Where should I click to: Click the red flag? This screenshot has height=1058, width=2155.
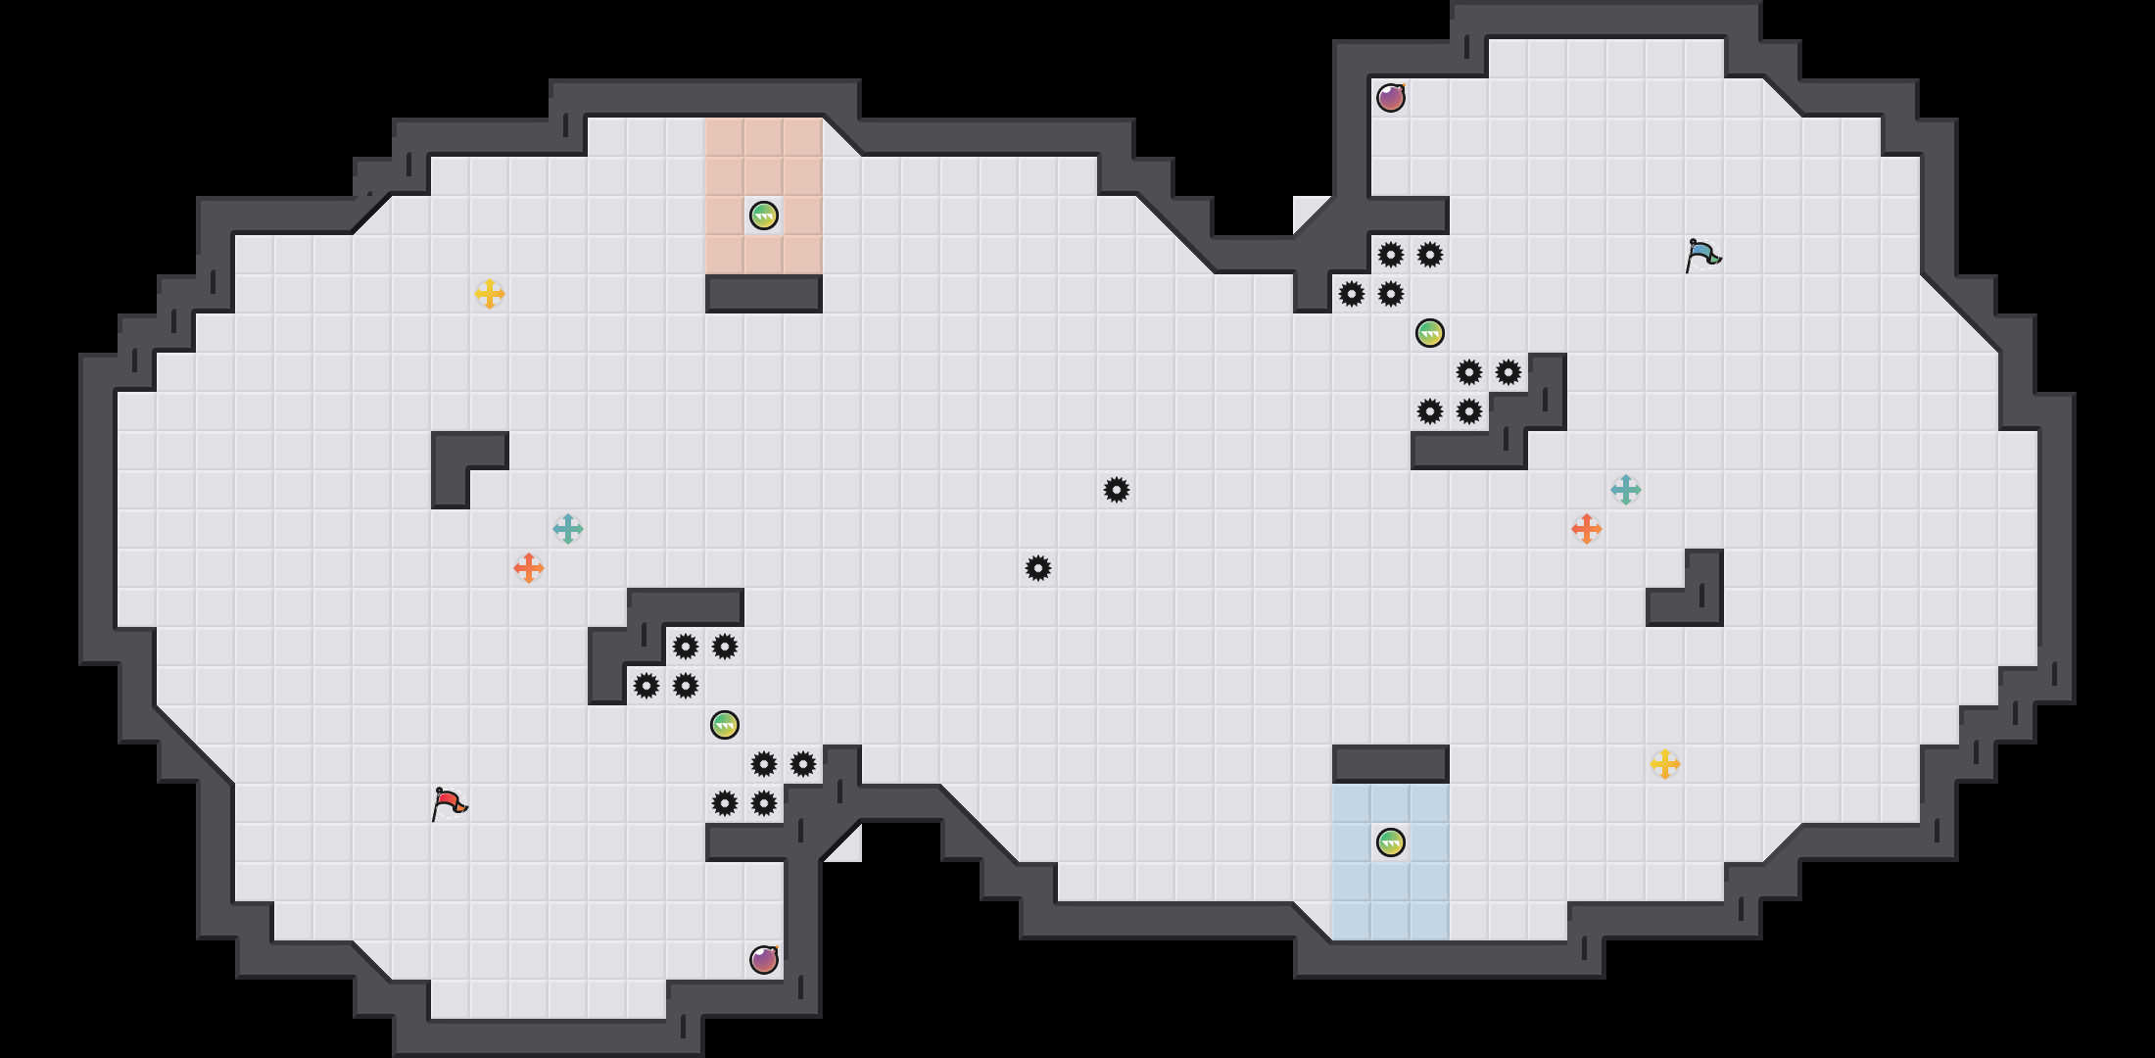point(449,804)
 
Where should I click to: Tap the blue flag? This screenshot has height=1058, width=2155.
point(1702,255)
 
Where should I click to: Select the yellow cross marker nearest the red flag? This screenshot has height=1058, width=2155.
point(490,294)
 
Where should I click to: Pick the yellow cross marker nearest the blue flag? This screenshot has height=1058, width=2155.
point(1665,764)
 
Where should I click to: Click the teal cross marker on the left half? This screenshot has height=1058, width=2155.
point(568,529)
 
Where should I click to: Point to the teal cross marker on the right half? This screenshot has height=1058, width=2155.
point(1626,490)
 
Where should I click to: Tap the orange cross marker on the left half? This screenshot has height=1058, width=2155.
point(529,568)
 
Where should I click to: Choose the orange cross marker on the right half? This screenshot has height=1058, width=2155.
point(1587,529)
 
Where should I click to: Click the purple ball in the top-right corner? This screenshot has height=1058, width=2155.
point(1391,98)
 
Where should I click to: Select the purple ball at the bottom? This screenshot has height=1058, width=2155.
point(764,960)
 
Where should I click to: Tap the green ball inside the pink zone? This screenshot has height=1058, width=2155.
point(764,216)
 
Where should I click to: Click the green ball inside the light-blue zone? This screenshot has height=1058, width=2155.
point(1391,842)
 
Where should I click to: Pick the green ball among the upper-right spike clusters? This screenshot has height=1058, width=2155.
point(1430,333)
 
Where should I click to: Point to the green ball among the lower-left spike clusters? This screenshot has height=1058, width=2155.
point(725,725)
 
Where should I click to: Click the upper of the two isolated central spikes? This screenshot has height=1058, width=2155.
point(1117,490)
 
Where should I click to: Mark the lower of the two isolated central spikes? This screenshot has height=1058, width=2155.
point(1038,568)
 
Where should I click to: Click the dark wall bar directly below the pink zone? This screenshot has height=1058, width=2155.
point(764,294)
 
